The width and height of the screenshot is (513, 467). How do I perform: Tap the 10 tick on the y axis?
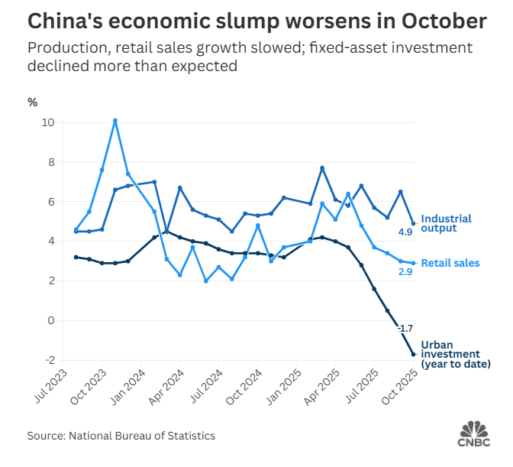tap(48, 122)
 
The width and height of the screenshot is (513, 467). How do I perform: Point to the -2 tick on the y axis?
tap(48, 360)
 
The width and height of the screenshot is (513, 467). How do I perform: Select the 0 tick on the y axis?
tap(50, 320)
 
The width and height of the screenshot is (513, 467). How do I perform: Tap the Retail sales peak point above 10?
tap(115, 121)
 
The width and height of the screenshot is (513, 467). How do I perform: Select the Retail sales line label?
tap(450, 263)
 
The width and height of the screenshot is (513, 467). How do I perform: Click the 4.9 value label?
tap(406, 232)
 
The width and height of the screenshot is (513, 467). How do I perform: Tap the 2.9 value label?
tap(406, 271)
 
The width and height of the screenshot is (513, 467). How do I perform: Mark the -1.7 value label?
tap(405, 328)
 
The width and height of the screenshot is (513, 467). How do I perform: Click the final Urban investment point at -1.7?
tap(414, 354)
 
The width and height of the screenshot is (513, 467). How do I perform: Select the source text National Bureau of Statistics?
tap(142, 436)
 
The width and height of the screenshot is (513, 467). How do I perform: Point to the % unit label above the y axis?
tap(32, 102)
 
